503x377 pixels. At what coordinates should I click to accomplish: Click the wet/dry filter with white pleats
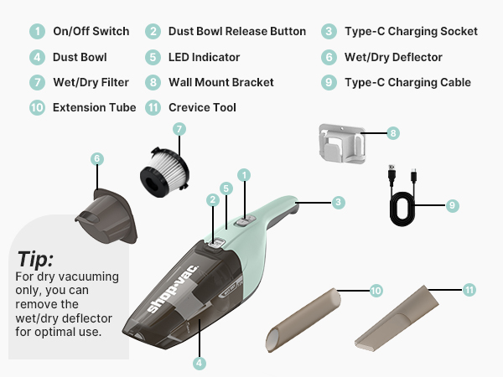click(164, 172)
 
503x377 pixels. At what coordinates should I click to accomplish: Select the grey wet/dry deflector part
click(106, 216)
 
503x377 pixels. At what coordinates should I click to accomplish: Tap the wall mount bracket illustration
click(342, 143)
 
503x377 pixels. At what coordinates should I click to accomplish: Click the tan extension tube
click(303, 320)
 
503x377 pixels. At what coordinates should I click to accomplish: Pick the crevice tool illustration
click(397, 318)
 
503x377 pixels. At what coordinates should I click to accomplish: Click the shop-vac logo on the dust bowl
click(174, 288)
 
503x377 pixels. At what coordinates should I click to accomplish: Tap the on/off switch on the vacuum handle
click(245, 221)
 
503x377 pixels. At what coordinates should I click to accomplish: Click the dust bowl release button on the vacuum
click(216, 243)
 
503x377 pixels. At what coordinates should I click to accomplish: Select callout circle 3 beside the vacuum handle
click(338, 202)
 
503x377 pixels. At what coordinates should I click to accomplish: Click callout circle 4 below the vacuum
click(200, 364)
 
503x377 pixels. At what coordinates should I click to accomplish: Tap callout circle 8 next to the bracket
click(393, 133)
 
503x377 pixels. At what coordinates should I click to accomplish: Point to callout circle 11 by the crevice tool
click(469, 290)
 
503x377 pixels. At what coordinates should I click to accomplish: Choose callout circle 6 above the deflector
click(97, 158)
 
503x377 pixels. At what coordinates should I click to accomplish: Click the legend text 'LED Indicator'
click(204, 57)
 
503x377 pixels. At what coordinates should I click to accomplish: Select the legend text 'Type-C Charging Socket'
click(411, 32)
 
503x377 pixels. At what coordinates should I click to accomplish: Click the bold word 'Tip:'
click(35, 259)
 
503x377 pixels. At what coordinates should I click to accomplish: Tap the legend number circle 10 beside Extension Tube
click(37, 107)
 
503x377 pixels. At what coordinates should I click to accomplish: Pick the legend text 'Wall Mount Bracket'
click(221, 82)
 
